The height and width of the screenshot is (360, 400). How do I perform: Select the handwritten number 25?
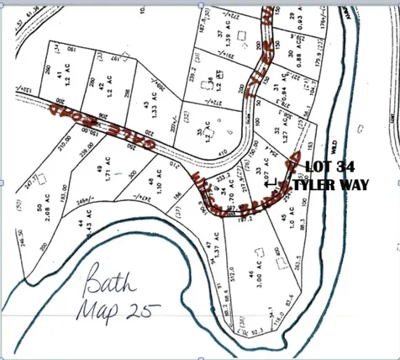coord(142,309)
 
